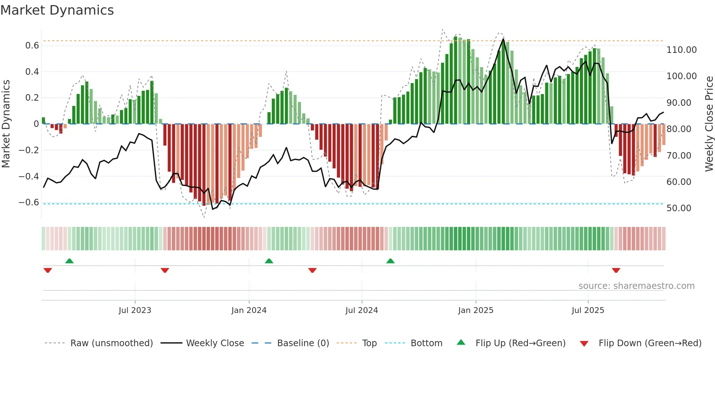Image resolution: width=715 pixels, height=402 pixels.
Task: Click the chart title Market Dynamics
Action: (x=57, y=10)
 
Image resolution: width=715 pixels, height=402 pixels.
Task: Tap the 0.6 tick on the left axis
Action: (x=32, y=46)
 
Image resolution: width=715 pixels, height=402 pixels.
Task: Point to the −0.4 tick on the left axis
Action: (x=28, y=176)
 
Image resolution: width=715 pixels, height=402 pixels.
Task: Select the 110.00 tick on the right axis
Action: (x=681, y=50)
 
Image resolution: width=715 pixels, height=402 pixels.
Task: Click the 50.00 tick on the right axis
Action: (x=679, y=208)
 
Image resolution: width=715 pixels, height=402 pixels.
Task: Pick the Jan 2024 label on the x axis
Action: (x=249, y=310)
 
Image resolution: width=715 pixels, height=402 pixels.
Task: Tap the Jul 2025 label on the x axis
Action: (x=588, y=310)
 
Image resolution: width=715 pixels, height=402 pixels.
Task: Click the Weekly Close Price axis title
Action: (x=709, y=124)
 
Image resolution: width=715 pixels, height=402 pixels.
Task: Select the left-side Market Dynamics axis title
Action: (x=6, y=124)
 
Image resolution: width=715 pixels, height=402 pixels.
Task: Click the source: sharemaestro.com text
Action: (x=636, y=286)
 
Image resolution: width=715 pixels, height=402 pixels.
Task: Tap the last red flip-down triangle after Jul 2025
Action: (x=616, y=270)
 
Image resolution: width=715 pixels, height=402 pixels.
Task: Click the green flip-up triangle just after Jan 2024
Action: (x=269, y=261)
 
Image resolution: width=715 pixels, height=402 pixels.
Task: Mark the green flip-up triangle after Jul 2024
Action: (x=390, y=261)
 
